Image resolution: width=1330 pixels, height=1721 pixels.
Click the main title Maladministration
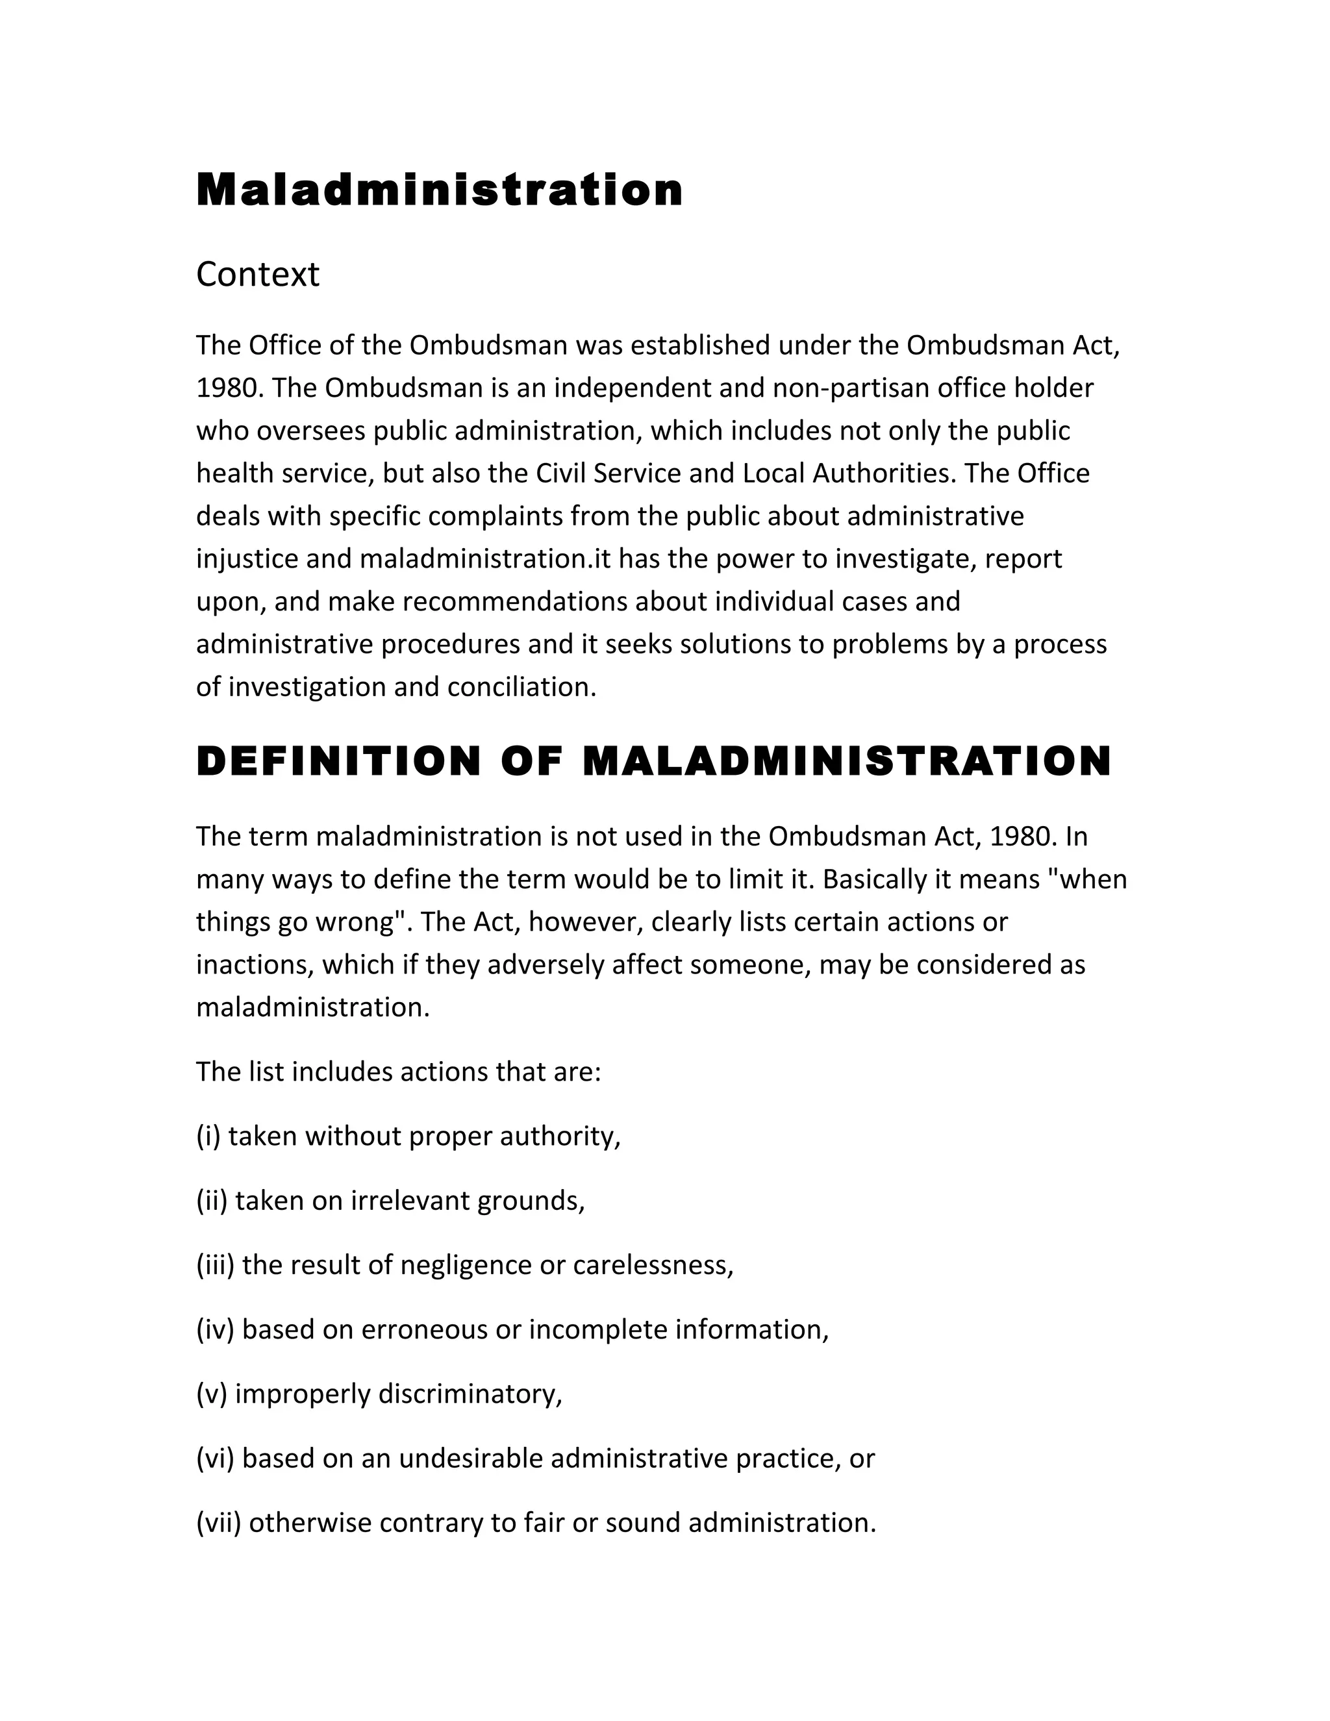coord(439,191)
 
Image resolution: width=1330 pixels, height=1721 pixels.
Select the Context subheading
coord(258,275)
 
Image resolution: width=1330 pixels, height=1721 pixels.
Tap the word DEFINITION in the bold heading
coord(338,762)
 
